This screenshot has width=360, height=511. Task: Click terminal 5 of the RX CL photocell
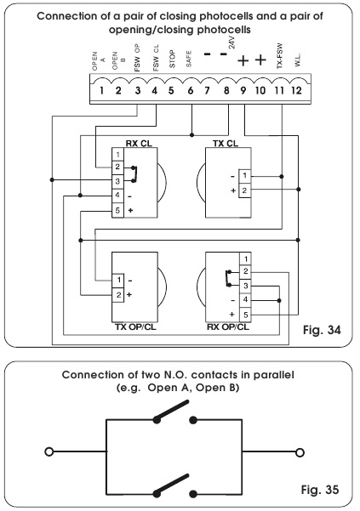click(119, 208)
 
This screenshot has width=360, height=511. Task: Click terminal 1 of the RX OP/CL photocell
click(243, 258)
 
